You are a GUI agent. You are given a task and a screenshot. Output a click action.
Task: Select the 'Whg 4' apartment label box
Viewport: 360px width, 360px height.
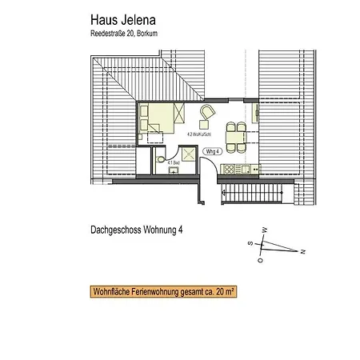(212, 150)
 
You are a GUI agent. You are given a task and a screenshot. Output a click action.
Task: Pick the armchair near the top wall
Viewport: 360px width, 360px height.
(207, 114)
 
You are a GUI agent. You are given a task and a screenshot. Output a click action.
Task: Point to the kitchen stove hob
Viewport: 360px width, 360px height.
(227, 169)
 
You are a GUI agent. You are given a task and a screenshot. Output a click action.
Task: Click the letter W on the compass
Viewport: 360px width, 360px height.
(265, 230)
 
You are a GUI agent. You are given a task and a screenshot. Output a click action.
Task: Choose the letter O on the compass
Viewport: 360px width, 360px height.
(259, 259)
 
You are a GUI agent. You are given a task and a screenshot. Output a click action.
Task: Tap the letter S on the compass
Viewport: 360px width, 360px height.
(249, 242)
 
